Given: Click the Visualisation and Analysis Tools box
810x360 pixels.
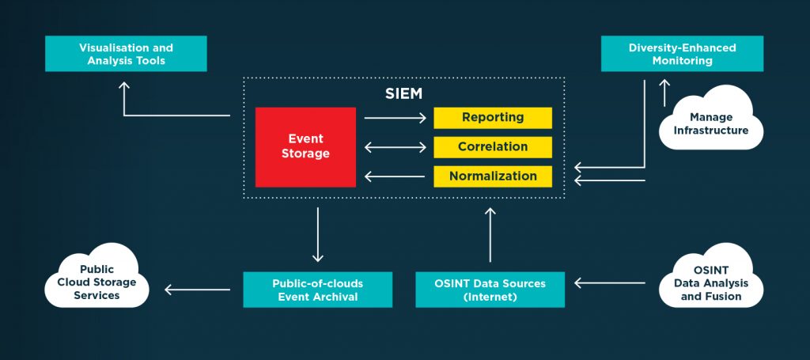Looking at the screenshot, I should [126, 54].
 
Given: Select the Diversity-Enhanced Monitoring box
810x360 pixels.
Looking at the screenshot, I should [682, 54].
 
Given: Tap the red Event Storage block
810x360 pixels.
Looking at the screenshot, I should [305, 147].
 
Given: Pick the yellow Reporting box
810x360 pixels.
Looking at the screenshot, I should [493, 118].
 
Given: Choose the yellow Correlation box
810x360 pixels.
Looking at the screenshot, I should [493, 147].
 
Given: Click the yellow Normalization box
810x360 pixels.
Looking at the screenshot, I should [493, 176].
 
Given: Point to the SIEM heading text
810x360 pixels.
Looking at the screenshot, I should [403, 94].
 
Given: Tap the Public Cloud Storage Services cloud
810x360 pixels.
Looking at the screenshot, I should [97, 282].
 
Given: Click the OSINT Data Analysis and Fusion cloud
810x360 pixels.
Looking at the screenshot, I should [711, 282].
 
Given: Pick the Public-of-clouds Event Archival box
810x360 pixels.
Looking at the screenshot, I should [317, 290].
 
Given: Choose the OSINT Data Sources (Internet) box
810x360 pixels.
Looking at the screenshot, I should [490, 290].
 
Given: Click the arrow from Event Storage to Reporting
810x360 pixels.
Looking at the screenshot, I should [395, 118].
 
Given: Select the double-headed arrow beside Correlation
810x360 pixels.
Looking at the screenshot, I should [395, 147].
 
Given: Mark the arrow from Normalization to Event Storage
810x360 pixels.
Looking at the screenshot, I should [395, 176].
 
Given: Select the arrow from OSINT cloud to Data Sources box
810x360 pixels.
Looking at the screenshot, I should [610, 282].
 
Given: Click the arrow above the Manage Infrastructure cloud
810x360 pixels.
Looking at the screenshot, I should [665, 92].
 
